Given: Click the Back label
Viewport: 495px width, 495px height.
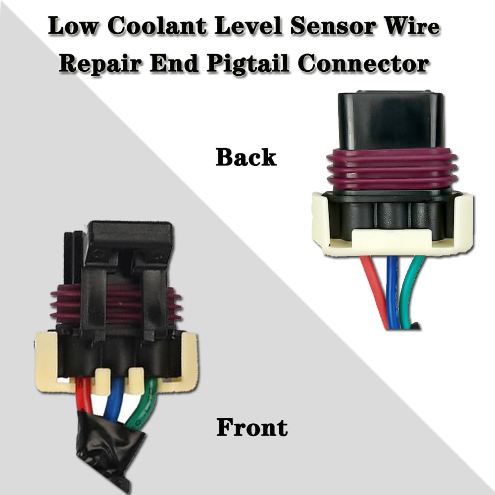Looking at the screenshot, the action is (x=246, y=157).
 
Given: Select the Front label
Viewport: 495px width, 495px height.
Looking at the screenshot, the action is (x=252, y=427).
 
